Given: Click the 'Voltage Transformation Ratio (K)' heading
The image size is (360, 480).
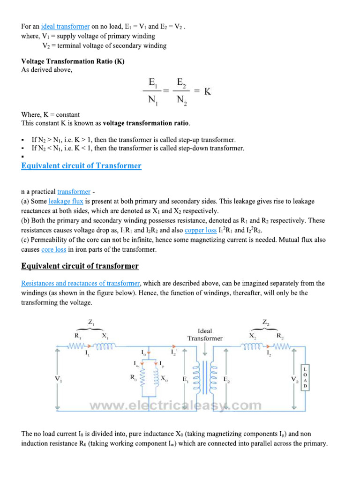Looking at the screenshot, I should coord(73,62).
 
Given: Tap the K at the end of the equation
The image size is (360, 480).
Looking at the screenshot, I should coord(207,91).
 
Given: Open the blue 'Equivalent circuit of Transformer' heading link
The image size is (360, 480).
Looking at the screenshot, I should coord(81,166).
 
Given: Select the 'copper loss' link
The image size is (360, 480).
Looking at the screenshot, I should coord(201,230).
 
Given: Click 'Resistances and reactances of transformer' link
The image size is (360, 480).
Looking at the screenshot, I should coord(81,284).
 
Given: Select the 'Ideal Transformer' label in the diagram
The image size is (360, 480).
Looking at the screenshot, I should coord(205,334).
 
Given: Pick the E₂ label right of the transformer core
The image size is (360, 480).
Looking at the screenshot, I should coord(226,379).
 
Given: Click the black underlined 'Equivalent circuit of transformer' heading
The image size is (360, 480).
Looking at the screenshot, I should coord(80,266).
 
